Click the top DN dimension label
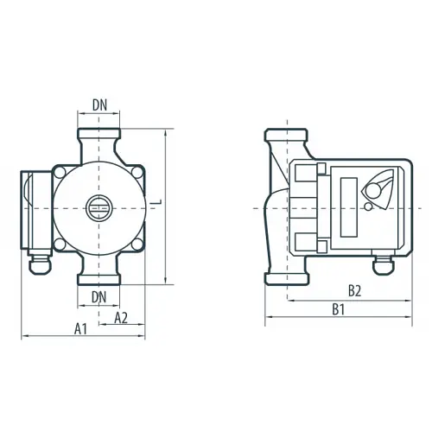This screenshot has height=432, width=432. tap(99, 105)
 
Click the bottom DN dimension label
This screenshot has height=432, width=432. tap(98, 297)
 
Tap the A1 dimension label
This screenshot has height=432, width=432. tap(80, 329)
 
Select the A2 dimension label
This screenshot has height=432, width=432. tap(121, 318)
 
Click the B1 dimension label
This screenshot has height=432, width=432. tap(339, 309)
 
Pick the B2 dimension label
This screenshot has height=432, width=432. tap(354, 291)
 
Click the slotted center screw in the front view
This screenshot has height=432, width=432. tap(98, 208)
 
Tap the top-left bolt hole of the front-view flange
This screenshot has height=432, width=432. tap(60, 173)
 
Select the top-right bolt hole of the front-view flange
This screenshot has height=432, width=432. tap(137, 172)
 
